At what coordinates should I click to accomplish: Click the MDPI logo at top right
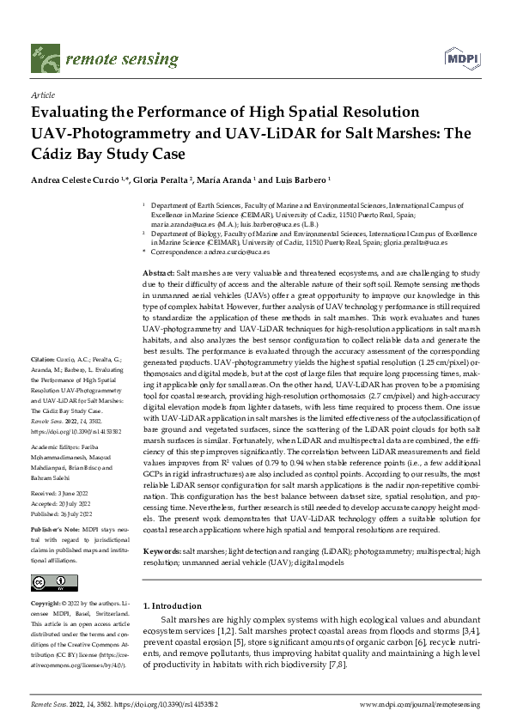tap(460, 58)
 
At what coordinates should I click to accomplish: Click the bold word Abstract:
tap(159, 271)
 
